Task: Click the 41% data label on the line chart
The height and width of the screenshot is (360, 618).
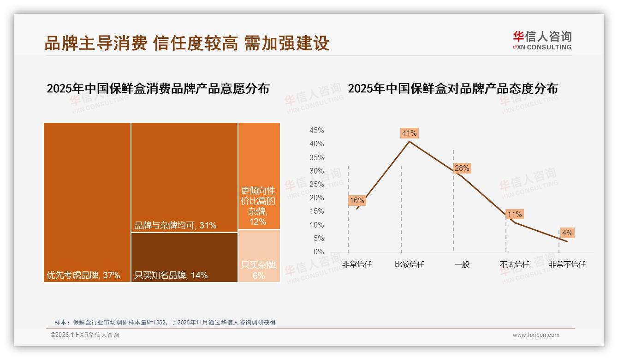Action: (x=409, y=133)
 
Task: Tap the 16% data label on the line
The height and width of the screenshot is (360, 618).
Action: (x=357, y=200)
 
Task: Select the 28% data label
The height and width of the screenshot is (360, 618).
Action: (x=461, y=168)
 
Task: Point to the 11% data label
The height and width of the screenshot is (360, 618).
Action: (x=514, y=214)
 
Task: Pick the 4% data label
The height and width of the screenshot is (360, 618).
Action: (x=567, y=233)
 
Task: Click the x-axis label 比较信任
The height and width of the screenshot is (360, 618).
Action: (x=409, y=264)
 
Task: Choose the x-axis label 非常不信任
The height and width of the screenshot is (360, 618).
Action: (x=567, y=264)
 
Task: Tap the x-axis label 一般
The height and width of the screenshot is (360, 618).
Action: (x=462, y=264)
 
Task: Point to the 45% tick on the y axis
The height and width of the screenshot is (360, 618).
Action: (x=316, y=131)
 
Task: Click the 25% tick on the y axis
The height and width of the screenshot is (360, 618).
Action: (x=316, y=185)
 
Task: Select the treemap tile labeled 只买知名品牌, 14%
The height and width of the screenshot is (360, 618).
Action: (x=184, y=257)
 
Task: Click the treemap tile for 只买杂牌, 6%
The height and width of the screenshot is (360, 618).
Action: (x=259, y=256)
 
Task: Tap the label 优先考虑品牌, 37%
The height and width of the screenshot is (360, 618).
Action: (x=83, y=276)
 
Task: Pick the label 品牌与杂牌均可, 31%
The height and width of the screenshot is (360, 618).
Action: (x=175, y=226)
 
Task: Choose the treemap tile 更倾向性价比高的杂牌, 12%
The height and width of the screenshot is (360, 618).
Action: (x=259, y=176)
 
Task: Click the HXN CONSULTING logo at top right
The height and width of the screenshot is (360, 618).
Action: (x=542, y=40)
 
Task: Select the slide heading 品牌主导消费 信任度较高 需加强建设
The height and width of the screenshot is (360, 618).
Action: (x=187, y=43)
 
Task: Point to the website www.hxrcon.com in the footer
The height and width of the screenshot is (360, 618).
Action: (x=536, y=335)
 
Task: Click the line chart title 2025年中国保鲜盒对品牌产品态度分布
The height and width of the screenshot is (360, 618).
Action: (x=452, y=89)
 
